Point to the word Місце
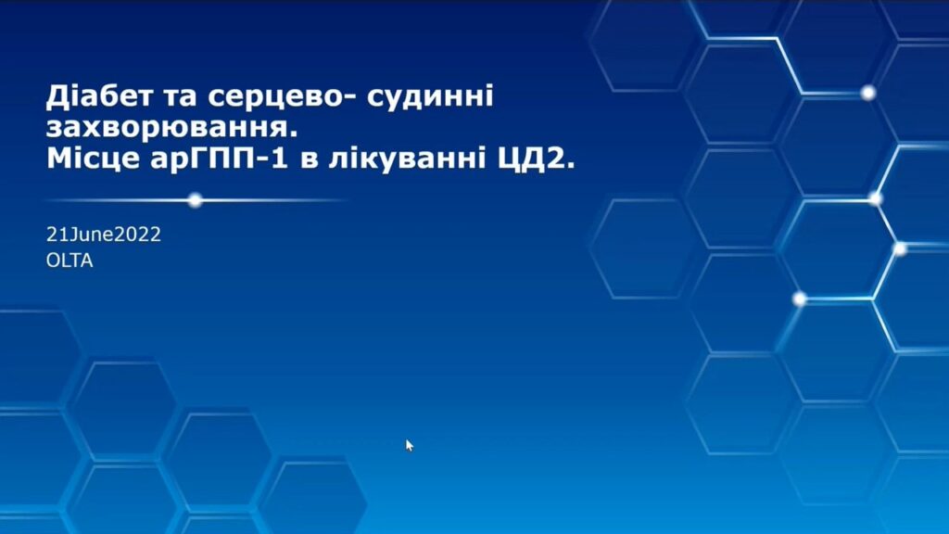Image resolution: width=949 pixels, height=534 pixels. [x=94, y=159]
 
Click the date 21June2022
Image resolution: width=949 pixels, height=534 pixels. [x=104, y=235]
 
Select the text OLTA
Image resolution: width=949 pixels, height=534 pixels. [x=70, y=261]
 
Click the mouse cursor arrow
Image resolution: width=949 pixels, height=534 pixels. [x=409, y=445]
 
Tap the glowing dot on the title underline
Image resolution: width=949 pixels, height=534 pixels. [x=195, y=200]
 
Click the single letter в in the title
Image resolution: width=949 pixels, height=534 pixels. [x=309, y=161]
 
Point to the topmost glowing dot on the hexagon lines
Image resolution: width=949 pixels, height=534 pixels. [x=868, y=93]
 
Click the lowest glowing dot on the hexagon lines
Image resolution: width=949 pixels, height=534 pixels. [x=800, y=299]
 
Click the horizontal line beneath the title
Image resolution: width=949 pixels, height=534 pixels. [x=195, y=200]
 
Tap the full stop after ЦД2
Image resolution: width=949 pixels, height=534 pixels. [x=570, y=167]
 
